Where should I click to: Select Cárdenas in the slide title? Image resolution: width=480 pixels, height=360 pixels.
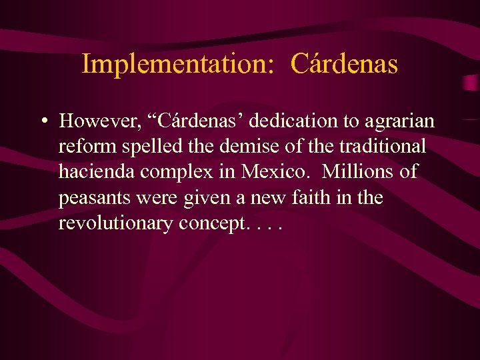click(x=345, y=65)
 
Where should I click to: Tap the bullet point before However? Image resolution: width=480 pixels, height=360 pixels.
click(x=43, y=121)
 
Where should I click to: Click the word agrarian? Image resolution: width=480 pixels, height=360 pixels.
click(x=399, y=122)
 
